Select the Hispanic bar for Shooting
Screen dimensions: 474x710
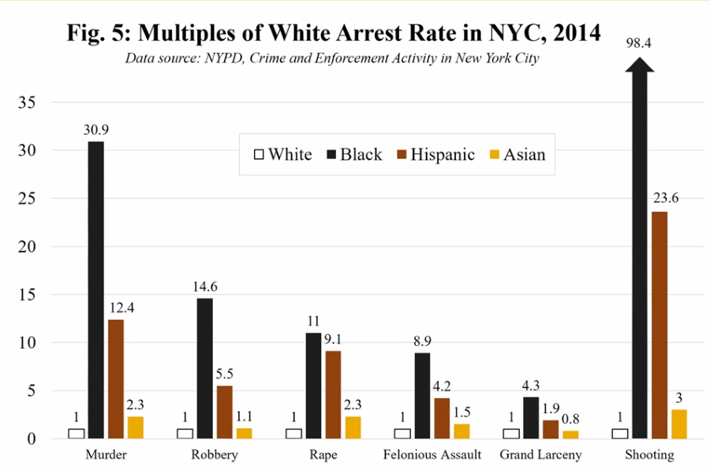pos(659,325)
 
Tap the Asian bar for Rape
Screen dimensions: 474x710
pos(353,427)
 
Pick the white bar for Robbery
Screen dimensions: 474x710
pos(185,433)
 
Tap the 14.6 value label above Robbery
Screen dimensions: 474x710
pos(204,284)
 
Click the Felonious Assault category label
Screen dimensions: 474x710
pos(432,455)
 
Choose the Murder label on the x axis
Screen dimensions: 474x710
pos(106,455)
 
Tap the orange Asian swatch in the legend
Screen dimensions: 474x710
pos(494,155)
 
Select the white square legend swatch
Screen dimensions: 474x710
pos(257,155)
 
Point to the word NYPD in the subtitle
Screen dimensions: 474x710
pos(222,58)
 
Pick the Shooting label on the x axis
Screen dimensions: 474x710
pos(648,455)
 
